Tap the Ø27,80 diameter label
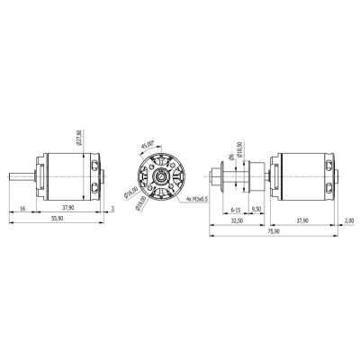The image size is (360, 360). (80, 138)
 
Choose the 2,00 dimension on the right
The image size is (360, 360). (348, 219)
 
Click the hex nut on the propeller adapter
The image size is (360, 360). (223, 175)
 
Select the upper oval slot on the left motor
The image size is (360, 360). (96, 164)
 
